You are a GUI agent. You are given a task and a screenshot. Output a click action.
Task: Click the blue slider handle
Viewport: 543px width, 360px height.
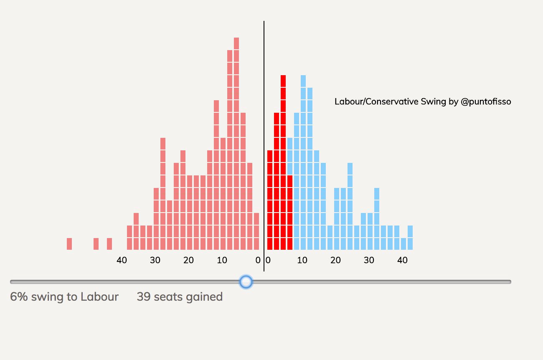pos(246,282)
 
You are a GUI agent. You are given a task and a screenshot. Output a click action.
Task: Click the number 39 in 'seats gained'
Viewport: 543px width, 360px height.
pos(144,297)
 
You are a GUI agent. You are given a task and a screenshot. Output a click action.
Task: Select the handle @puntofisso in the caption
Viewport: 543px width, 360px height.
pos(486,101)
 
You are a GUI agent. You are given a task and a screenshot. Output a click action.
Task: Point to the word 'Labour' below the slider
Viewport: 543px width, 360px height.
pos(99,297)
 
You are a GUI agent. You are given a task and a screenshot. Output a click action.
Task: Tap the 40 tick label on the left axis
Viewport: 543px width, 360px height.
pos(122,260)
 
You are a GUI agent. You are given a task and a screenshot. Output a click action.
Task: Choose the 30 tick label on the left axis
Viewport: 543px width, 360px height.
pos(155,260)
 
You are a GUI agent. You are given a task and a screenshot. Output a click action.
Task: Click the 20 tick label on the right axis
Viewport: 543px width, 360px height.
pos(335,260)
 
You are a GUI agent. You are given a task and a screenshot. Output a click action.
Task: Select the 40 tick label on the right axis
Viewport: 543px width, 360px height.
pos(402,260)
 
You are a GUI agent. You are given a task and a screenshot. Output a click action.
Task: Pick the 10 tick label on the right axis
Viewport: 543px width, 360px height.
pos(302,260)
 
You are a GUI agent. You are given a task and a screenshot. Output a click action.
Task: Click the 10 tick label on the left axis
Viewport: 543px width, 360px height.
pos(222,260)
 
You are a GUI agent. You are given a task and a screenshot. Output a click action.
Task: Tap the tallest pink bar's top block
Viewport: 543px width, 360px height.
pos(236,43)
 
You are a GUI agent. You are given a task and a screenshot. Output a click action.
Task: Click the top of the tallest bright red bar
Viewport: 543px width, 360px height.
pos(283,81)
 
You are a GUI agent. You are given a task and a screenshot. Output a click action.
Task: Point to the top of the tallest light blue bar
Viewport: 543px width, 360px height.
pos(303,81)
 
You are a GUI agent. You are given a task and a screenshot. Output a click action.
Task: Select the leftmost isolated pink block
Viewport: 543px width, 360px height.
pos(69,243)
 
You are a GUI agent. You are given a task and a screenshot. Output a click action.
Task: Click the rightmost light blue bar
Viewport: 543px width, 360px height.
pos(410,237)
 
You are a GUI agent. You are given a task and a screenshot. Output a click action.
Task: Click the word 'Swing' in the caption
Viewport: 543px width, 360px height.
pos(435,101)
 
